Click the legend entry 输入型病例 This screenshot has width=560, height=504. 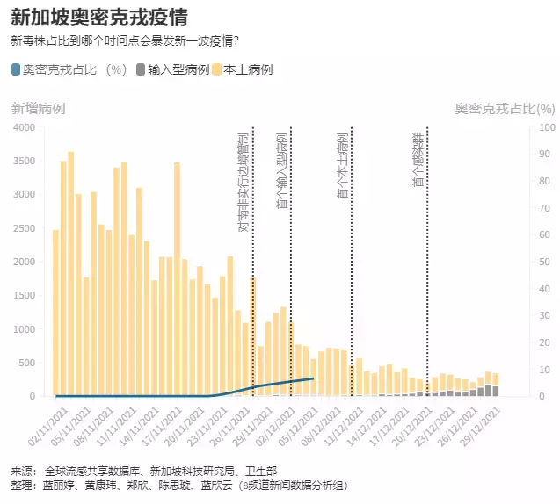[176, 69]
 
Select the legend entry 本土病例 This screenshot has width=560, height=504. [249, 69]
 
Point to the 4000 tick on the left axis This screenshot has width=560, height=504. [23, 127]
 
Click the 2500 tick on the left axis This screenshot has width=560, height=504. [23, 228]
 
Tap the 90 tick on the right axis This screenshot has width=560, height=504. [545, 154]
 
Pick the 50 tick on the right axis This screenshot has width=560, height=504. [545, 262]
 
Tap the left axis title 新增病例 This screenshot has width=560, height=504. [37, 108]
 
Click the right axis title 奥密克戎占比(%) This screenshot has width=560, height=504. [505, 108]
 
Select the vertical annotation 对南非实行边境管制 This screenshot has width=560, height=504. [244, 183]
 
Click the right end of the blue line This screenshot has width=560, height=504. [312, 378]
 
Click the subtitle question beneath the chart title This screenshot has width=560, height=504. [125, 40]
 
